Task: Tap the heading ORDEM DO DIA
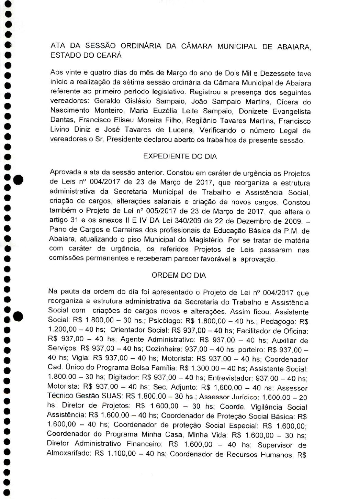(x=179, y=275)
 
